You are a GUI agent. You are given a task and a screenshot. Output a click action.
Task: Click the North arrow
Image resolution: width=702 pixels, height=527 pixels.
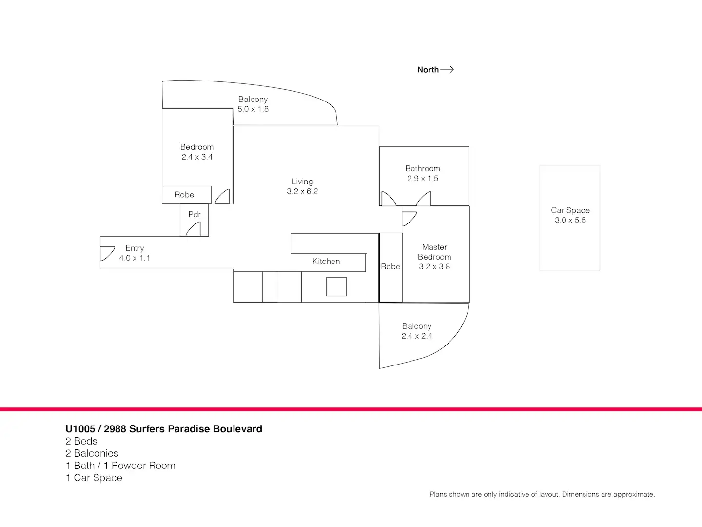(447, 69)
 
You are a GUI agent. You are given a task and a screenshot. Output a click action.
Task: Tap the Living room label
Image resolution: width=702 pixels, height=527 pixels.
(302, 182)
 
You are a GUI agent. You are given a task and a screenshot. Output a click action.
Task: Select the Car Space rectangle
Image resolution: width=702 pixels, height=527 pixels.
(569, 244)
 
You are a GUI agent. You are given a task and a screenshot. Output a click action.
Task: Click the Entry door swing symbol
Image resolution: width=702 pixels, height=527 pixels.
(107, 254)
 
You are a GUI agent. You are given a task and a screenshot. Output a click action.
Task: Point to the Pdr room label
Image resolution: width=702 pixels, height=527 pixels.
(195, 214)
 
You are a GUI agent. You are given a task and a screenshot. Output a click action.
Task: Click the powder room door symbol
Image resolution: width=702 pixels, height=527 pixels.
(194, 229)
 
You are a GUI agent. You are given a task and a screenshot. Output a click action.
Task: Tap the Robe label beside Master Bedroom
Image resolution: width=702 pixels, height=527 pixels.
(390, 266)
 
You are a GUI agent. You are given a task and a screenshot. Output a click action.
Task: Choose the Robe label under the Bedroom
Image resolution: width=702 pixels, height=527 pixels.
(184, 195)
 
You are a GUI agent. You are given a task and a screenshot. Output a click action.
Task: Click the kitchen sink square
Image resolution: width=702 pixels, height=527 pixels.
(336, 286)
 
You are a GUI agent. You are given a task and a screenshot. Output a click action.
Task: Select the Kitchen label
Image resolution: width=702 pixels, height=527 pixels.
(326, 261)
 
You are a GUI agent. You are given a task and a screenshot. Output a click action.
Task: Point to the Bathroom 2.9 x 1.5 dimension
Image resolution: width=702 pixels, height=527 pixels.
(423, 179)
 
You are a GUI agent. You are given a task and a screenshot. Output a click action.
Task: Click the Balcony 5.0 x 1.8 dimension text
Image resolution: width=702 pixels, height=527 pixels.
(253, 109)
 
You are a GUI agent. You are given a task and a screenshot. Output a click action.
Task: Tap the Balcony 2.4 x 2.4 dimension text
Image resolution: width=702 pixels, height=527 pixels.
(417, 336)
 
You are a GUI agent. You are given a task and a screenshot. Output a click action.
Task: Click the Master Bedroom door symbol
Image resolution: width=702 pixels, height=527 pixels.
(409, 218)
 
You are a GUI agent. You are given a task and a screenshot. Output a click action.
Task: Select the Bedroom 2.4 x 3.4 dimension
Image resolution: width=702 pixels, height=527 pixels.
(197, 157)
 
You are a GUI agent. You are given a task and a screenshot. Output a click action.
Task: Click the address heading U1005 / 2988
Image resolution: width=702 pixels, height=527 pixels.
(164, 429)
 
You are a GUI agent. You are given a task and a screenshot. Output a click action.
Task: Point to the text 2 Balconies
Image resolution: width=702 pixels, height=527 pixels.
(92, 453)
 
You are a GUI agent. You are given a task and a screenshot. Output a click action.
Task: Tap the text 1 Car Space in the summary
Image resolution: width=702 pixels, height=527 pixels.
(94, 478)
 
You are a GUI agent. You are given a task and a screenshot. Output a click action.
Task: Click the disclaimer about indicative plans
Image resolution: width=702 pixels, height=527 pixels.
(542, 494)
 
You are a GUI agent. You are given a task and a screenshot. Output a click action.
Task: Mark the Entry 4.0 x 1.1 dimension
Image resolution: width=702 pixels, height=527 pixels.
(135, 258)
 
